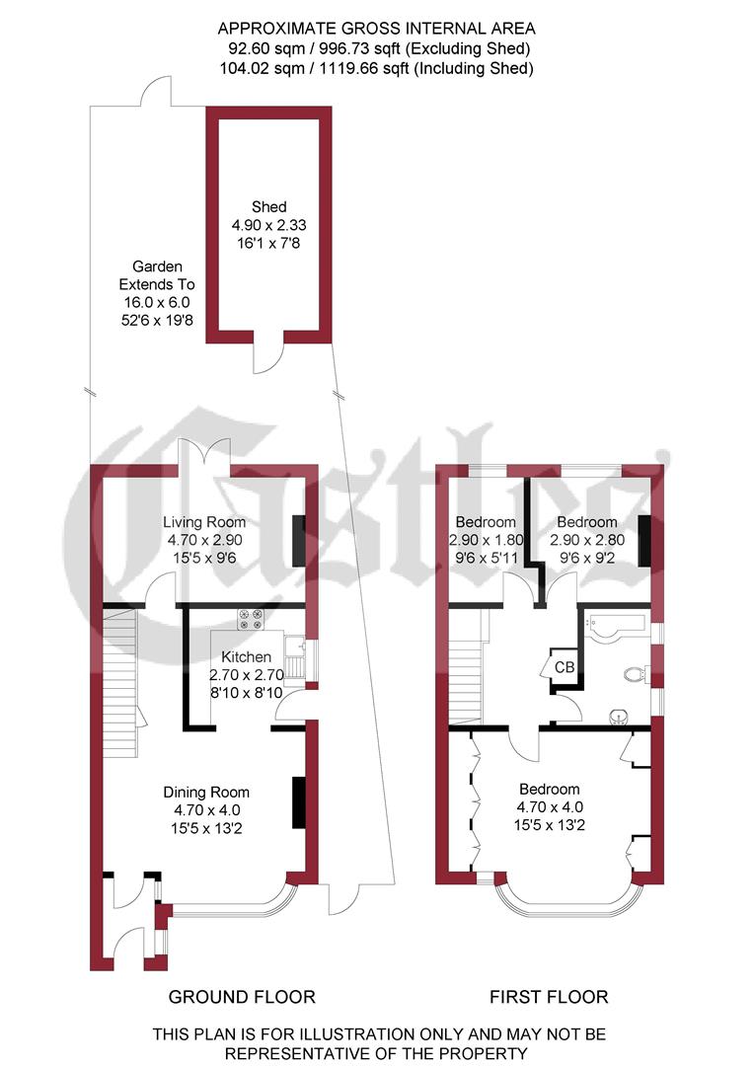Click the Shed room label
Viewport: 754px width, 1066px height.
tap(268, 206)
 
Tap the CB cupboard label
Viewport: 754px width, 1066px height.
tap(565, 666)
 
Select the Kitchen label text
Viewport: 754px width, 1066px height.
tap(246, 657)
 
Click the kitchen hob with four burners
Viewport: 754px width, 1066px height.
tap(248, 619)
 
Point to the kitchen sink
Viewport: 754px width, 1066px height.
tap(293, 647)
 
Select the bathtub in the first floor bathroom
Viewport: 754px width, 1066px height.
tap(614, 624)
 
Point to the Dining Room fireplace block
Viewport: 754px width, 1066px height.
tap(299, 802)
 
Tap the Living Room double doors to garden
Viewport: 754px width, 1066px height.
tap(204, 455)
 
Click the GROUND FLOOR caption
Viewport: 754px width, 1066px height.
tap(242, 996)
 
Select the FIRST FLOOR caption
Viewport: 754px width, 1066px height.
tap(549, 996)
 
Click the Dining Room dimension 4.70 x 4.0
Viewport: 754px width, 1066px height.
tap(206, 809)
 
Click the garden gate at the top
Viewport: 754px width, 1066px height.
tap(156, 94)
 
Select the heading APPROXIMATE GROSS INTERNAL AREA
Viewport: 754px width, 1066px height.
tap(377, 29)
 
